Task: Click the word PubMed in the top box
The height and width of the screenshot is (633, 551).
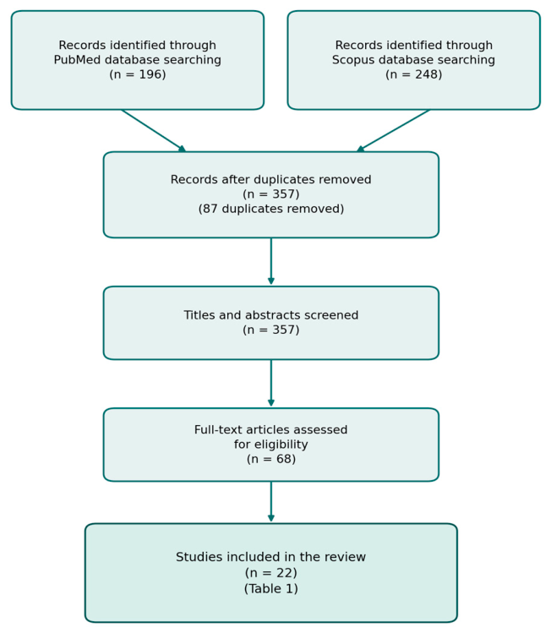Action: pos(77,60)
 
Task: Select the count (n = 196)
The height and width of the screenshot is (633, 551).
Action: pos(138,74)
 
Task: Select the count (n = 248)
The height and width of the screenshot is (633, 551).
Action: pos(414,74)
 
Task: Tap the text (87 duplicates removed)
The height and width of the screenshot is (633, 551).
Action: pos(271,209)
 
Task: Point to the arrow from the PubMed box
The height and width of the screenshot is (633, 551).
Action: pos(154,130)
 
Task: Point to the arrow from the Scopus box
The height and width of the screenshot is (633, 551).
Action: pos(393,130)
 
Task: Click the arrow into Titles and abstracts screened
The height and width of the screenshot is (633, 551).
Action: pos(271,261)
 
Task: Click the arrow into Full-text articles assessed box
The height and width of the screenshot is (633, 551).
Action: pos(271,383)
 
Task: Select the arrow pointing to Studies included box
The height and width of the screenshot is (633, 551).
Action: pos(271,502)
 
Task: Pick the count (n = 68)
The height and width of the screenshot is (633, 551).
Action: pos(271,459)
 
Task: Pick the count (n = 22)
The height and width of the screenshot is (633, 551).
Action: pos(271,573)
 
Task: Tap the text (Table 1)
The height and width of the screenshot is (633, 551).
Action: pos(271,588)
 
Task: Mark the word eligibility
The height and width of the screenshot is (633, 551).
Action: pos(280,445)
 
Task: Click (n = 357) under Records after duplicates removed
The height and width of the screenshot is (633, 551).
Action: pos(271,194)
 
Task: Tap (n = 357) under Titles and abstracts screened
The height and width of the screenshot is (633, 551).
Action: pos(271,330)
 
